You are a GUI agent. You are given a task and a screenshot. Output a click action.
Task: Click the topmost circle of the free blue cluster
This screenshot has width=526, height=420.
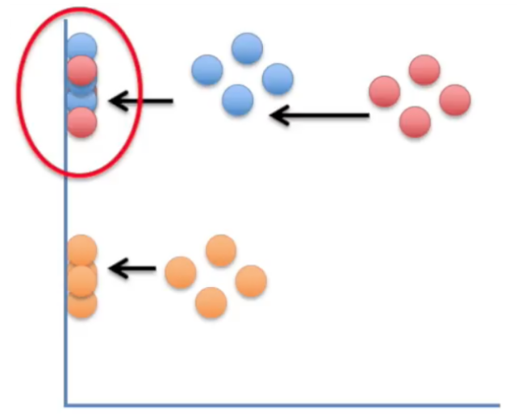[x=247, y=49]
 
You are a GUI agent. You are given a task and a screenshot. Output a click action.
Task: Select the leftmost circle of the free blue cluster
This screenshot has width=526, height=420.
[x=207, y=70]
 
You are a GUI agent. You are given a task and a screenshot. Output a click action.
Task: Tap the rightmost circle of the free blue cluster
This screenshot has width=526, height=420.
[x=278, y=79]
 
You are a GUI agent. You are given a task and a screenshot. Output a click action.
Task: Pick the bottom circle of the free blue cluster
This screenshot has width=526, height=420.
[x=238, y=101]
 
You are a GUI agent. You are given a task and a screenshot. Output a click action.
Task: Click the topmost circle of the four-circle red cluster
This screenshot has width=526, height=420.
[x=424, y=69]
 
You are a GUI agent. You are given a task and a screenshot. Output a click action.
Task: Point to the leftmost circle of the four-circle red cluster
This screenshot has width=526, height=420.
[x=385, y=92]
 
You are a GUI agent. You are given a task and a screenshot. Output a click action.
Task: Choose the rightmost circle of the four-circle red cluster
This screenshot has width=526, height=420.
[x=455, y=100]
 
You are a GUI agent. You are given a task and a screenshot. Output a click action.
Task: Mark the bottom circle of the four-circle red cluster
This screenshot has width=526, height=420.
[x=415, y=122]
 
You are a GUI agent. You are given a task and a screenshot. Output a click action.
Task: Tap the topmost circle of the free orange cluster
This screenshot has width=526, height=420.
[x=220, y=250]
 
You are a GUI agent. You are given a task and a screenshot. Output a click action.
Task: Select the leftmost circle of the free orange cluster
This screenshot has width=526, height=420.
[x=181, y=272]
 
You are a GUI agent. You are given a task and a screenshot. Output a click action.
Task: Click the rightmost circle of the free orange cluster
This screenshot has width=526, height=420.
[x=251, y=281]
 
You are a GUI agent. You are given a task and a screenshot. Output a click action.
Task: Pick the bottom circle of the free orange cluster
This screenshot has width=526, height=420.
[x=211, y=302]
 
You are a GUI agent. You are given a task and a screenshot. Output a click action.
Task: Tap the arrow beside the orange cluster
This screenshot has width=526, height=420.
[x=132, y=268]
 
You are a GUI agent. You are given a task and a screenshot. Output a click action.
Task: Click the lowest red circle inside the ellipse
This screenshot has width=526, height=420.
[x=81, y=123]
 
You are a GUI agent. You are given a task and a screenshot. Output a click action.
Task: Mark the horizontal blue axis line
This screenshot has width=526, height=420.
[x=282, y=404]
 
